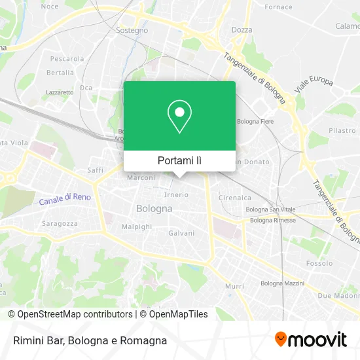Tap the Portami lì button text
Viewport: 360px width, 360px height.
(179, 160)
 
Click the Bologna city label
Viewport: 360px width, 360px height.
(154, 209)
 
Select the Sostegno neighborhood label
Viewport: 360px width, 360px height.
(132, 30)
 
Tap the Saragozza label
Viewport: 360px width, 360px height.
(60, 223)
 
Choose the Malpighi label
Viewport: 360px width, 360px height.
(137, 226)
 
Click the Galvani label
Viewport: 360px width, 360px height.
(181, 233)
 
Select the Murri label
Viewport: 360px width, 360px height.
(234, 286)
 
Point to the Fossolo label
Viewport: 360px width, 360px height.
(319, 263)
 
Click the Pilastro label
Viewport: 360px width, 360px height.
(342, 131)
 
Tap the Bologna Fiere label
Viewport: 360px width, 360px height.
(255, 122)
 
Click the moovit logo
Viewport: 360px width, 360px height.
(310, 340)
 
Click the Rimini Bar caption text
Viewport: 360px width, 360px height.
(88, 340)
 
